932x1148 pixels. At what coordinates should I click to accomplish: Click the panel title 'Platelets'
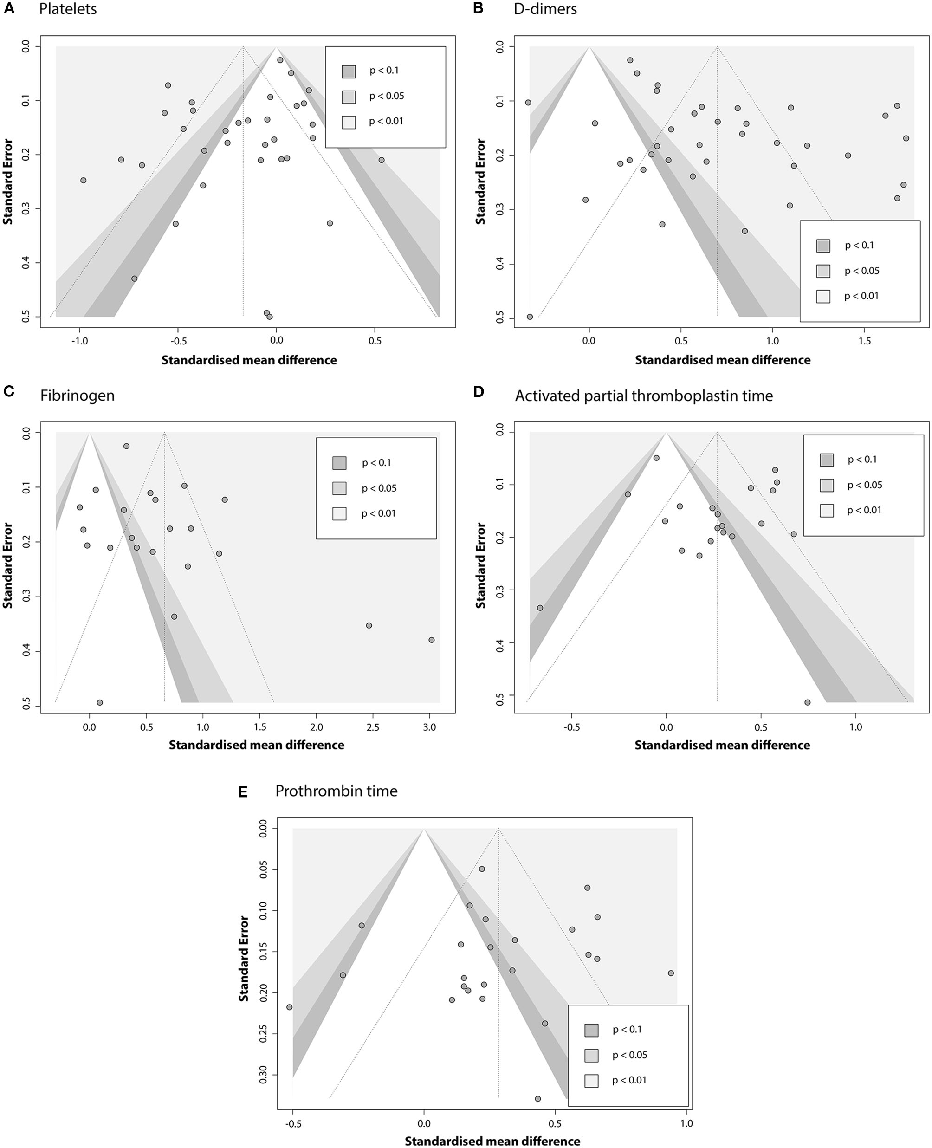[68, 10]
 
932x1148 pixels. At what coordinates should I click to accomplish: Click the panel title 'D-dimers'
[545, 10]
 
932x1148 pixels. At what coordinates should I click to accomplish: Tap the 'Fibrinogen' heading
[78, 396]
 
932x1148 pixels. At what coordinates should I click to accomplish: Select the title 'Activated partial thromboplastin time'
[644, 396]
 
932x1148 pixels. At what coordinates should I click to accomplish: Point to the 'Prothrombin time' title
[336, 791]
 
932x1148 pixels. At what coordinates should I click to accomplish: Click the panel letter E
[243, 792]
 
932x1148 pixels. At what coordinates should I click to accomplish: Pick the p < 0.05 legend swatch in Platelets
[349, 97]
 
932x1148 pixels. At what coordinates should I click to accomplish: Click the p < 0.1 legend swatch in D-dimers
[823, 246]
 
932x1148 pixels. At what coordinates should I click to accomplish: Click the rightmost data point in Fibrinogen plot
[431, 640]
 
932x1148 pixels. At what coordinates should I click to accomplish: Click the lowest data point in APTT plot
[807, 702]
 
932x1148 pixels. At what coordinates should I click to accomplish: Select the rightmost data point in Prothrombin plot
[671, 973]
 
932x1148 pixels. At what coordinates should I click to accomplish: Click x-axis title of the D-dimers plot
[722, 360]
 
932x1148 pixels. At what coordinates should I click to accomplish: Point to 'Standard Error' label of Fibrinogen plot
[8, 565]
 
